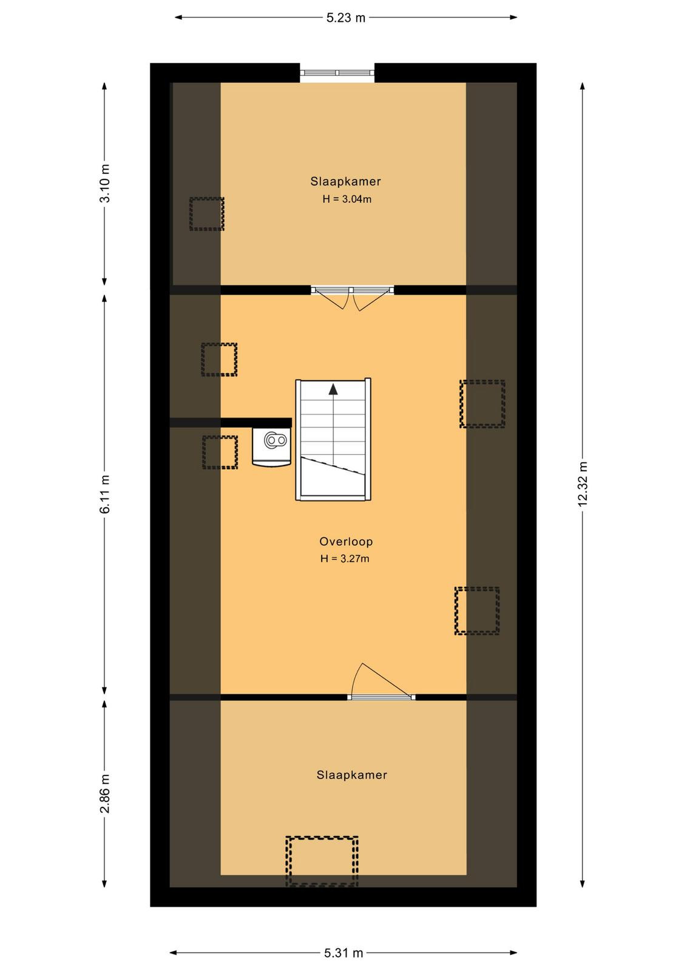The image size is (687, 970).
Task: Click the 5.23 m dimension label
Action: [345, 18]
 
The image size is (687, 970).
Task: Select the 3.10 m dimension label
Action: [105, 183]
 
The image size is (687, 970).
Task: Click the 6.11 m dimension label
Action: [105, 494]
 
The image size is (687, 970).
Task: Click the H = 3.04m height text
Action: [347, 199]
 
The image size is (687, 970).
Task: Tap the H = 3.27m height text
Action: [345, 558]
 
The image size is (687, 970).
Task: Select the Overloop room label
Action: [346, 541]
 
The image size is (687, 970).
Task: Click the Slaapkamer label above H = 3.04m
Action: [345, 181]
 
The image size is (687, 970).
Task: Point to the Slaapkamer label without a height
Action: [351, 775]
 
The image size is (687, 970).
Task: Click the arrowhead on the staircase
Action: [333, 389]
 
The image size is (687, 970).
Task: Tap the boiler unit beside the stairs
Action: [272, 446]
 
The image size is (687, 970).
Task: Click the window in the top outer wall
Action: [337, 73]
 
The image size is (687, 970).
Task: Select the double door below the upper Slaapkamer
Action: [353, 298]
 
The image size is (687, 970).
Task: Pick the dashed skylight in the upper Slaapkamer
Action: [207, 213]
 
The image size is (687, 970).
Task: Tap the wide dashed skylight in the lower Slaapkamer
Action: [322, 861]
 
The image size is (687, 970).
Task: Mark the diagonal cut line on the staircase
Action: [333, 466]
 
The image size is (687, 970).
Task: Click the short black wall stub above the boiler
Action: [256, 423]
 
